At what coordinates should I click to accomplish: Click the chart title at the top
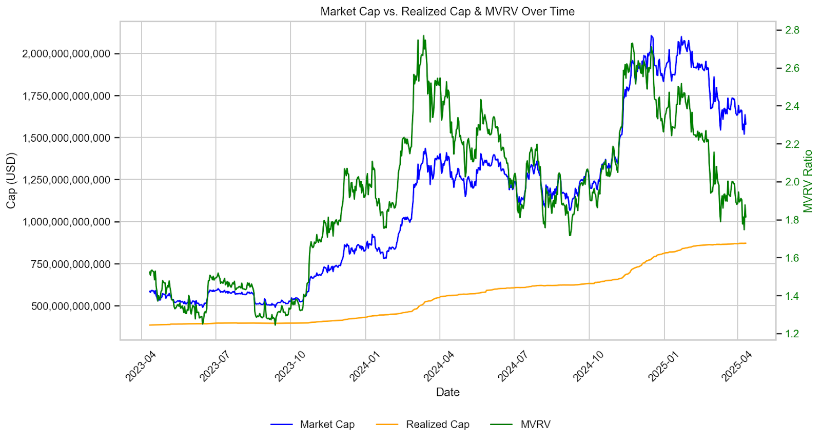447,11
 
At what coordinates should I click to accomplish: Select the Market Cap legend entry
327,425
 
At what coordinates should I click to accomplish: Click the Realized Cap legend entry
437,425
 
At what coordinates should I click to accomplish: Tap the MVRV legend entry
535,425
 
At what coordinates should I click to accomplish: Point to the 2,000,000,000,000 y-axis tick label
66,53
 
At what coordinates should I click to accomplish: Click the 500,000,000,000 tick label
71,306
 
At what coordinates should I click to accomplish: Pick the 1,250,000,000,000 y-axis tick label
66,180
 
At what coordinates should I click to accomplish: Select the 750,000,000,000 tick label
71,264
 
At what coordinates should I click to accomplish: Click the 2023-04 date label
141,366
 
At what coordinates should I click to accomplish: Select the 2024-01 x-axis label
364,366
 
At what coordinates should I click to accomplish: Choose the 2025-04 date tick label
737,366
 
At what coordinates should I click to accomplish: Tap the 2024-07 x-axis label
513,366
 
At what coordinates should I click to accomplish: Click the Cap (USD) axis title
11,180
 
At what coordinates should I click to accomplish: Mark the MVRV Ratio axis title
808,181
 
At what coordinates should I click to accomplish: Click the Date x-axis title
447,392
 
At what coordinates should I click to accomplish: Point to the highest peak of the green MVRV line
423,36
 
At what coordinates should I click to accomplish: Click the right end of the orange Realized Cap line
746,243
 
